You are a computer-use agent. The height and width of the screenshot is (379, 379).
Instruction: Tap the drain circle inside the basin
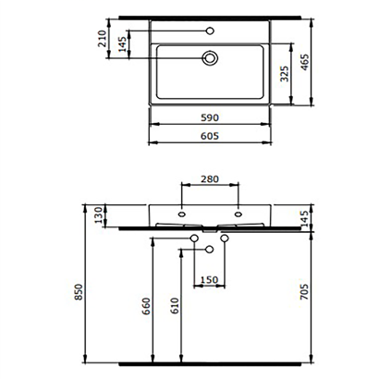tap(212, 58)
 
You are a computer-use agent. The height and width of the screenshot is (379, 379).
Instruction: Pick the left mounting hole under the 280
tap(182, 217)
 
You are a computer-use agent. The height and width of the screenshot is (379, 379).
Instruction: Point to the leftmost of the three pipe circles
tap(194, 240)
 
